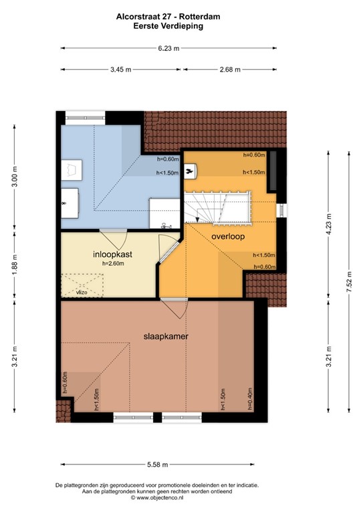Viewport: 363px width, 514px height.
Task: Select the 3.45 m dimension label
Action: click(120, 69)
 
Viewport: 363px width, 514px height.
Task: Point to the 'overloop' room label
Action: click(227, 237)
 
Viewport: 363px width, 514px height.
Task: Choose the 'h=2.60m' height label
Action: click(114, 264)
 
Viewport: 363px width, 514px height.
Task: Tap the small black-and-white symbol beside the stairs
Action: click(192, 173)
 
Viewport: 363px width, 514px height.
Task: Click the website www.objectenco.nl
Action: click(156, 498)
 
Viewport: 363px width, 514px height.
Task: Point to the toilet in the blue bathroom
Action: click(70, 167)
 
